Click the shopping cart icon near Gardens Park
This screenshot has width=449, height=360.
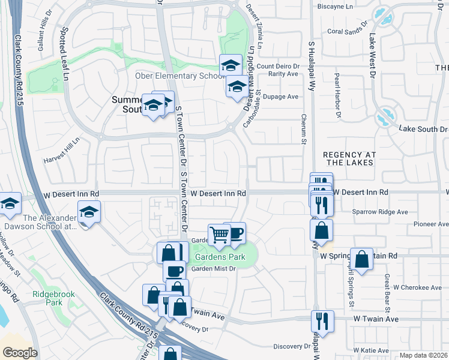[x=219, y=235]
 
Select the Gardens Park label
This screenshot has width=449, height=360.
[x=220, y=257]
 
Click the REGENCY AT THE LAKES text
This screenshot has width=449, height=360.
[x=348, y=158]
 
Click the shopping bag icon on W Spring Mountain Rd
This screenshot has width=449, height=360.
[x=362, y=259]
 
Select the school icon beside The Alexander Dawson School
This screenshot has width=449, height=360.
[x=89, y=212]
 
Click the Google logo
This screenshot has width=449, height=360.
[x=20, y=353]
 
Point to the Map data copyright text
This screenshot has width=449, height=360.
[x=423, y=355]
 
